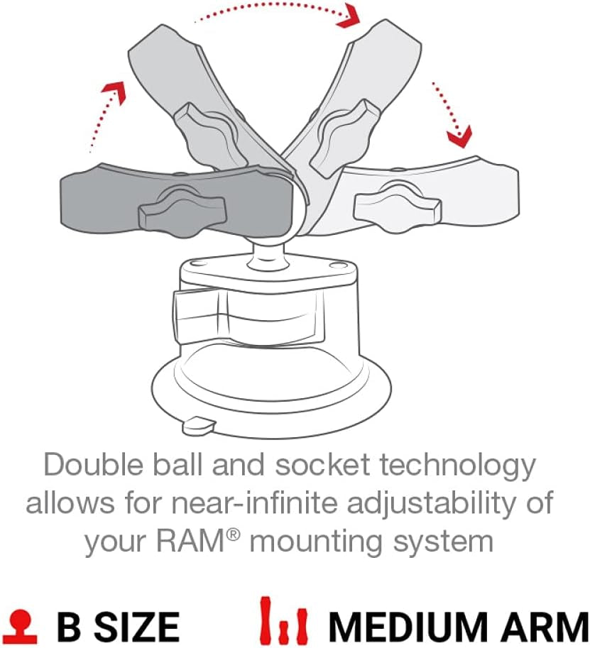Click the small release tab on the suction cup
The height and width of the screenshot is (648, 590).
[x=198, y=425]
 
